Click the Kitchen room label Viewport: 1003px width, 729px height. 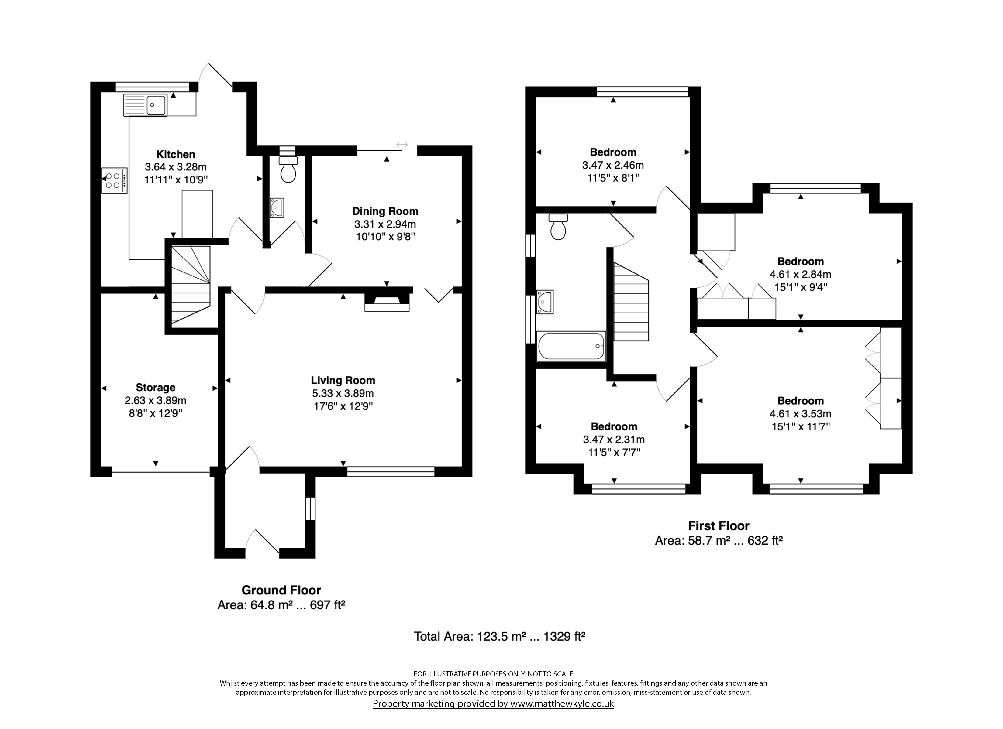pos(176,154)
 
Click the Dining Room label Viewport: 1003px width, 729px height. pos(385,211)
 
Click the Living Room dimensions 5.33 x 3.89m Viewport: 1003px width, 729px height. pos(343,393)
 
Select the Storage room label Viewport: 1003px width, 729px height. pos(155,388)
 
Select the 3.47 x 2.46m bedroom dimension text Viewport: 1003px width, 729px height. pos(613,165)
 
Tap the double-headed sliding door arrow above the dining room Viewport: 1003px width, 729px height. pos(402,145)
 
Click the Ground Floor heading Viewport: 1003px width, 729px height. pos(281,590)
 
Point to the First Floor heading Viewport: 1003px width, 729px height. pos(719,526)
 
